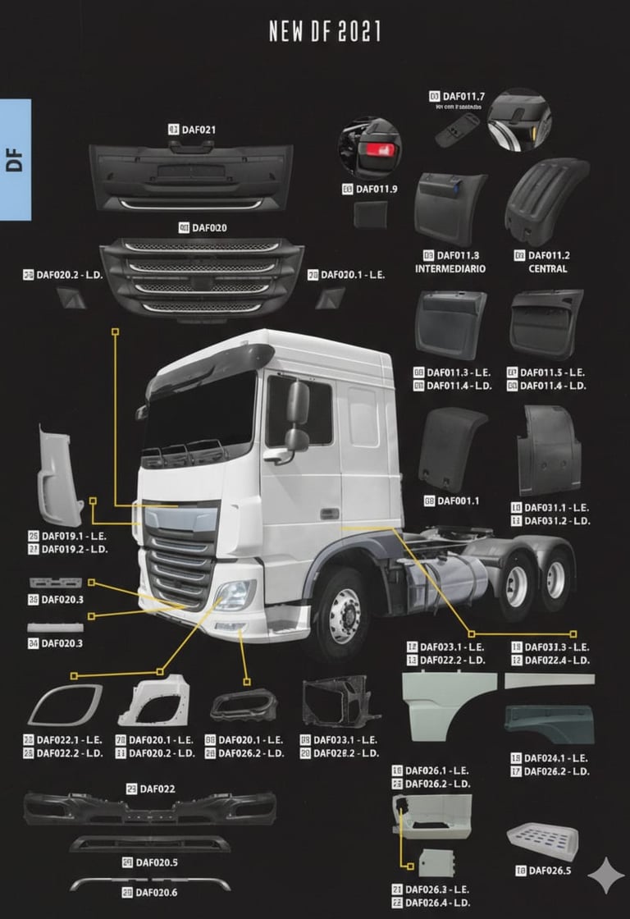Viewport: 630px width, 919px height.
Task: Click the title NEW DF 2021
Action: point(325,31)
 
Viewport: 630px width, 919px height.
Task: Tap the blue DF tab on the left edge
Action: point(15,160)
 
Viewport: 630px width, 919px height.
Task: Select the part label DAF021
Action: point(198,130)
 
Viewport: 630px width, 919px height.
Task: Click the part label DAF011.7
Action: point(463,97)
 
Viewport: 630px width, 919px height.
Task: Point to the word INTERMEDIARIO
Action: point(450,269)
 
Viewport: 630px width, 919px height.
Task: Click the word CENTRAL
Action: point(547,269)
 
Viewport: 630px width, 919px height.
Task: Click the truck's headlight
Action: point(235,594)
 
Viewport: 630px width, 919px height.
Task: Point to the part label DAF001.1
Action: point(458,501)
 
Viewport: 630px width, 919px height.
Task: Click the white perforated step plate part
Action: point(542,839)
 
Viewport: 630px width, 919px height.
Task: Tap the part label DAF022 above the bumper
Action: point(157,789)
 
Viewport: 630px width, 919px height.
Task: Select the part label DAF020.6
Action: point(156,892)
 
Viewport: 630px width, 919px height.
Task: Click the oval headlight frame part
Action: point(65,704)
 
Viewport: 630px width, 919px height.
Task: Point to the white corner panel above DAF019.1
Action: point(60,476)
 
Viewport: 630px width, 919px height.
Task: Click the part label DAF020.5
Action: point(156,862)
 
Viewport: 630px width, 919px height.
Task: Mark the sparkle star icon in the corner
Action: point(605,876)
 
